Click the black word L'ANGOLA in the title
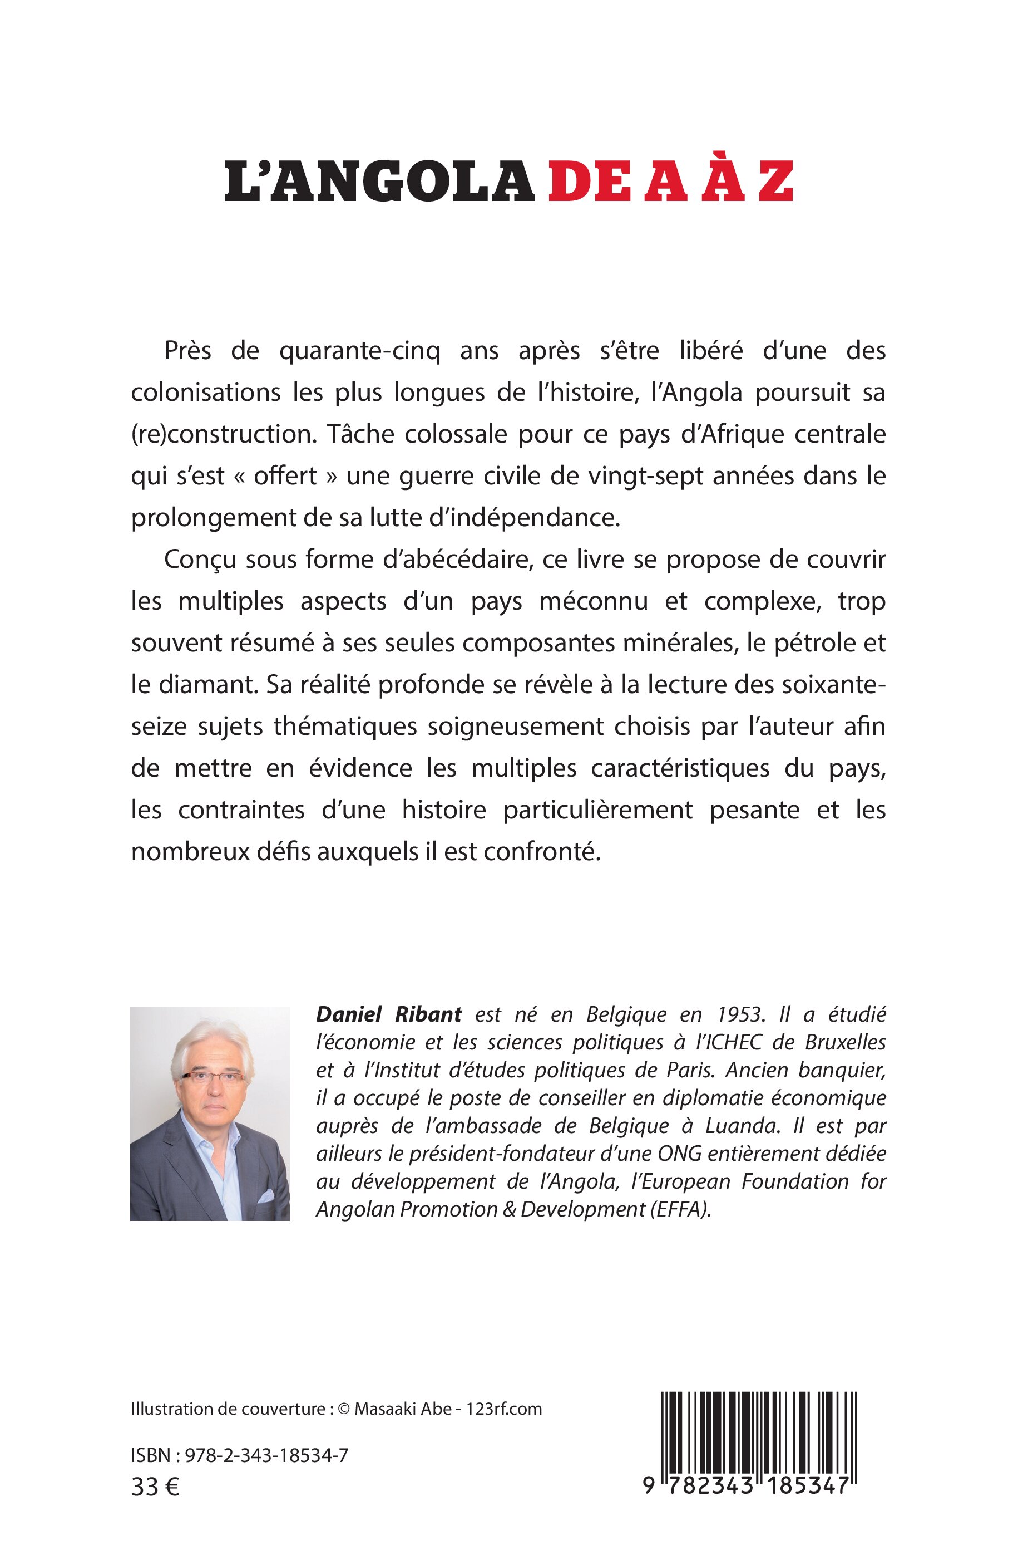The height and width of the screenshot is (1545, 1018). [x=379, y=182]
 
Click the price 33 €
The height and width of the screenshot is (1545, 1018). [x=155, y=1487]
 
